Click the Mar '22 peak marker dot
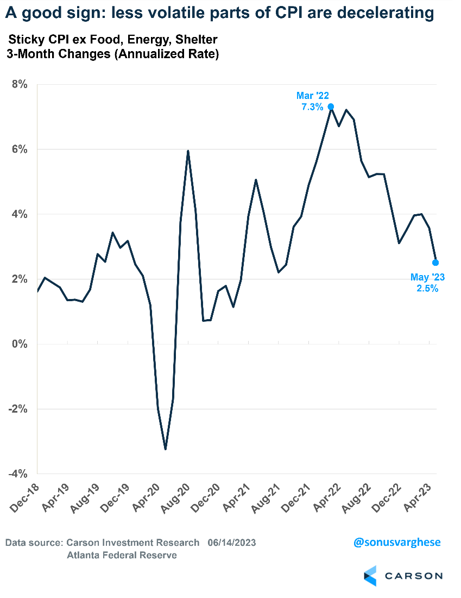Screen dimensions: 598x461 [331, 107]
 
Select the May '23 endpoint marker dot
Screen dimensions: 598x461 [435, 263]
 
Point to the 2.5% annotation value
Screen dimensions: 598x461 [427, 289]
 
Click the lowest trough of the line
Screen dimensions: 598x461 [165, 449]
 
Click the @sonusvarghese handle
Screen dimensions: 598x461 [397, 543]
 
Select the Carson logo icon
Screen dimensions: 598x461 [370, 576]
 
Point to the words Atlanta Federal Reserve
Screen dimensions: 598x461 [122, 555]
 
